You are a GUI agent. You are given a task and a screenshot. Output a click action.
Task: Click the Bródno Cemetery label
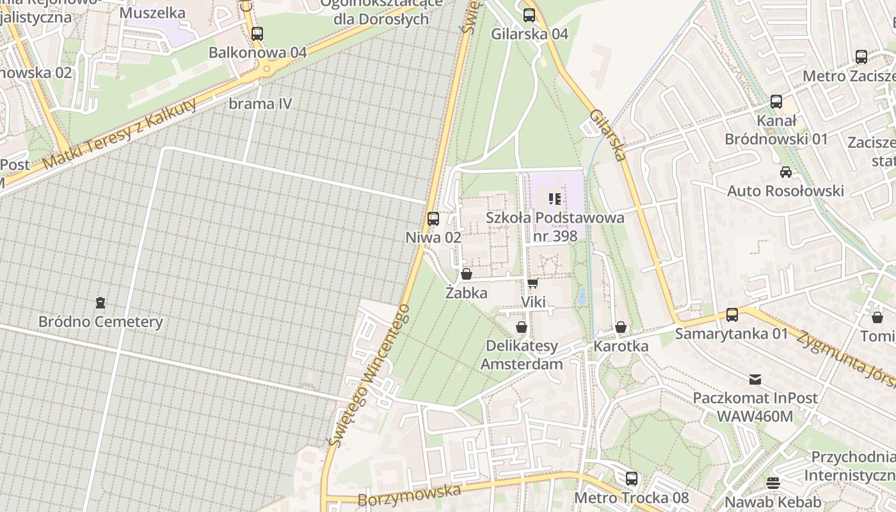point(100,321)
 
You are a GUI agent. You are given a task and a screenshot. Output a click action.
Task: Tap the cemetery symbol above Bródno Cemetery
point(100,302)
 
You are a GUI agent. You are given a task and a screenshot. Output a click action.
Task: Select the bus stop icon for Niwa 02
point(433,218)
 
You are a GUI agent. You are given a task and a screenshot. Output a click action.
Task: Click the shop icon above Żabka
point(467,274)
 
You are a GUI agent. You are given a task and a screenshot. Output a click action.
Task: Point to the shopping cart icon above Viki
point(532,283)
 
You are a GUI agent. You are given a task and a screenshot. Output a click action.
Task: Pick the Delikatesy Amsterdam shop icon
point(522,327)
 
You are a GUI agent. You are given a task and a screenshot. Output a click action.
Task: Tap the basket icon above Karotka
point(620,327)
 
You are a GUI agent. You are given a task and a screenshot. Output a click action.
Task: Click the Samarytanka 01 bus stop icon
point(732,314)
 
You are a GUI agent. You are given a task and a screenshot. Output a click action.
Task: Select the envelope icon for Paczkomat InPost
point(755,379)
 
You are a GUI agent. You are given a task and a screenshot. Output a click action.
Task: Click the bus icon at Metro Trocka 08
point(632,478)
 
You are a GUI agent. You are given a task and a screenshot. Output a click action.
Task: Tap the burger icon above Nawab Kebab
point(773,483)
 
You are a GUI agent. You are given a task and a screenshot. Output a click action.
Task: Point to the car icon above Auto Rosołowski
point(785,172)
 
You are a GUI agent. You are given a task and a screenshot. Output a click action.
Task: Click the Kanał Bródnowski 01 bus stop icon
point(776,101)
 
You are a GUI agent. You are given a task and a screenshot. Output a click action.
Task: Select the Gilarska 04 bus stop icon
point(529,15)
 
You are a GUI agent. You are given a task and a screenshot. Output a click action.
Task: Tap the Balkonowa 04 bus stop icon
point(257,33)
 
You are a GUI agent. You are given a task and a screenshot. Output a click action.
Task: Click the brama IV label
point(260,104)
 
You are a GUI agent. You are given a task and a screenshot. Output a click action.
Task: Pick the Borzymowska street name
point(410,495)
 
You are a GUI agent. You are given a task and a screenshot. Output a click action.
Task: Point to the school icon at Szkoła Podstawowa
point(555,199)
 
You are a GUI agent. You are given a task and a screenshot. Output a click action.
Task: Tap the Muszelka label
point(152,12)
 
